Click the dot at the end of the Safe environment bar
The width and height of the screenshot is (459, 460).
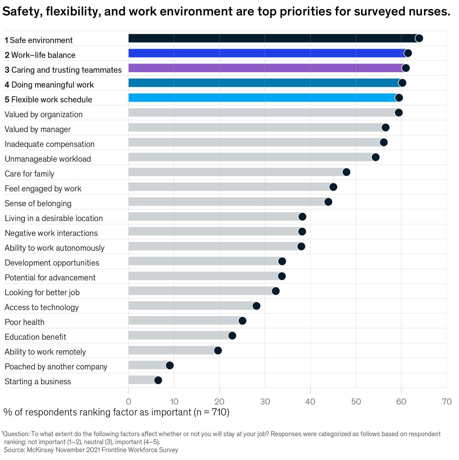419,38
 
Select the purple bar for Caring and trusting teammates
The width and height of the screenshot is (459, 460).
265,68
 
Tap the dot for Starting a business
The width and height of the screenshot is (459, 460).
158,380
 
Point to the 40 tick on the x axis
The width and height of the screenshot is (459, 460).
311,401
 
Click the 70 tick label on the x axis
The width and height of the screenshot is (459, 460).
447,401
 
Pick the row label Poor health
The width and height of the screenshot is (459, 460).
24,322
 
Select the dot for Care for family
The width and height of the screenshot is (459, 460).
346,172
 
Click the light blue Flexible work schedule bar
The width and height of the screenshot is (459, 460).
261,98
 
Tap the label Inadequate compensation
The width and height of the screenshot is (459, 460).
50,144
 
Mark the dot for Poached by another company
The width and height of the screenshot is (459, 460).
170,365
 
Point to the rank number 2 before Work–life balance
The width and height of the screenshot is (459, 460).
7,55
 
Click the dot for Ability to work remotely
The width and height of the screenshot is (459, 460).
218,350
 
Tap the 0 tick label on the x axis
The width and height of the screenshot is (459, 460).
129,401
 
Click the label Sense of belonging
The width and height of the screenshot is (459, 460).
38,203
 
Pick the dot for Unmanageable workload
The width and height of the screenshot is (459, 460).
376,157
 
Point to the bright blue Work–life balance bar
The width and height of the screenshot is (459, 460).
265,53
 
